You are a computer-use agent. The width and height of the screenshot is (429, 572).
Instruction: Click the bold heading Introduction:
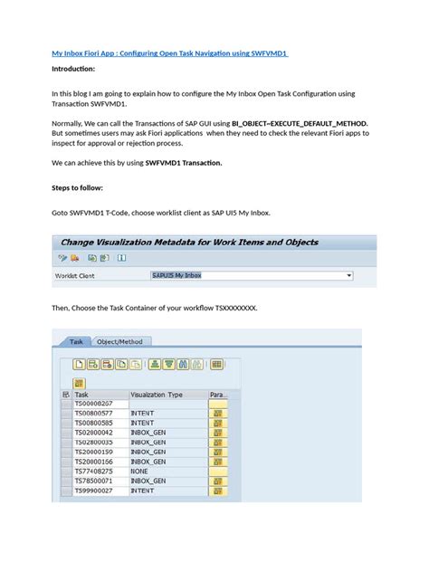75,69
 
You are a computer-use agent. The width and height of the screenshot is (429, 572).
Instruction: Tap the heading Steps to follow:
77,188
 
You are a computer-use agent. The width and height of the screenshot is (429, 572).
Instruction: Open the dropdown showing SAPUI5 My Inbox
249,275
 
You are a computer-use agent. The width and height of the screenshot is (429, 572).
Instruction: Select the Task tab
77,341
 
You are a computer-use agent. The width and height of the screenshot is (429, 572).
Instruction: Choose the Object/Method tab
120,341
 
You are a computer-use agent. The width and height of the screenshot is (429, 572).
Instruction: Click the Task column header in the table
82,395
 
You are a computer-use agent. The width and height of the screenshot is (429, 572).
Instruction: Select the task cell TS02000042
94,433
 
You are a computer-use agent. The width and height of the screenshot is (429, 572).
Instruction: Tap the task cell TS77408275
94,472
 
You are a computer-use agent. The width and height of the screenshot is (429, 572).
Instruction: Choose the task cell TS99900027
94,491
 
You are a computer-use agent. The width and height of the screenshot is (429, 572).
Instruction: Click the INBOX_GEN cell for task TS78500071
148,481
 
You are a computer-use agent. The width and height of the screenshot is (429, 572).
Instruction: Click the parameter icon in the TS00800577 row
218,413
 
